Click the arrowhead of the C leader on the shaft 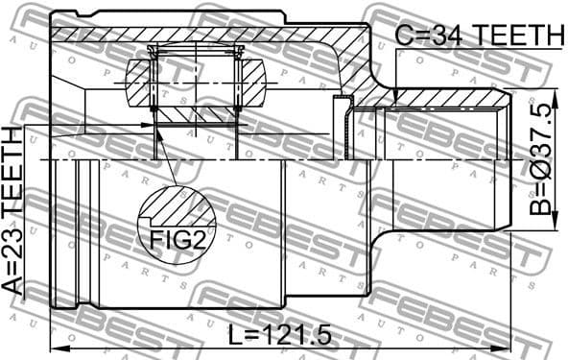tap(396, 95)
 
